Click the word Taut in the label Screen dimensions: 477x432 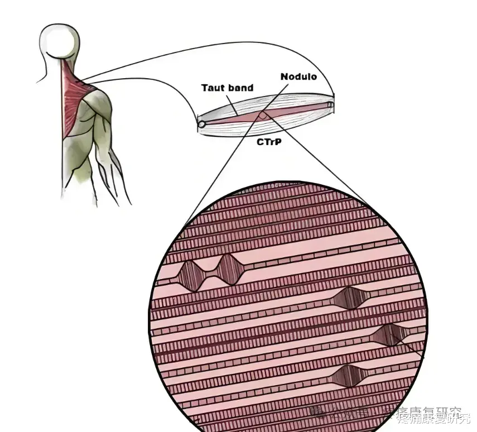[x=213, y=88]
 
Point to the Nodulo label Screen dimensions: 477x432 [x=298, y=76]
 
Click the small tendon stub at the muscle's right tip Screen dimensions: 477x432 [x=331, y=104]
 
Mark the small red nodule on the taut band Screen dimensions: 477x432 [x=263, y=116]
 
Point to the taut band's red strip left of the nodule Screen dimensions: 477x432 [x=234, y=119]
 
